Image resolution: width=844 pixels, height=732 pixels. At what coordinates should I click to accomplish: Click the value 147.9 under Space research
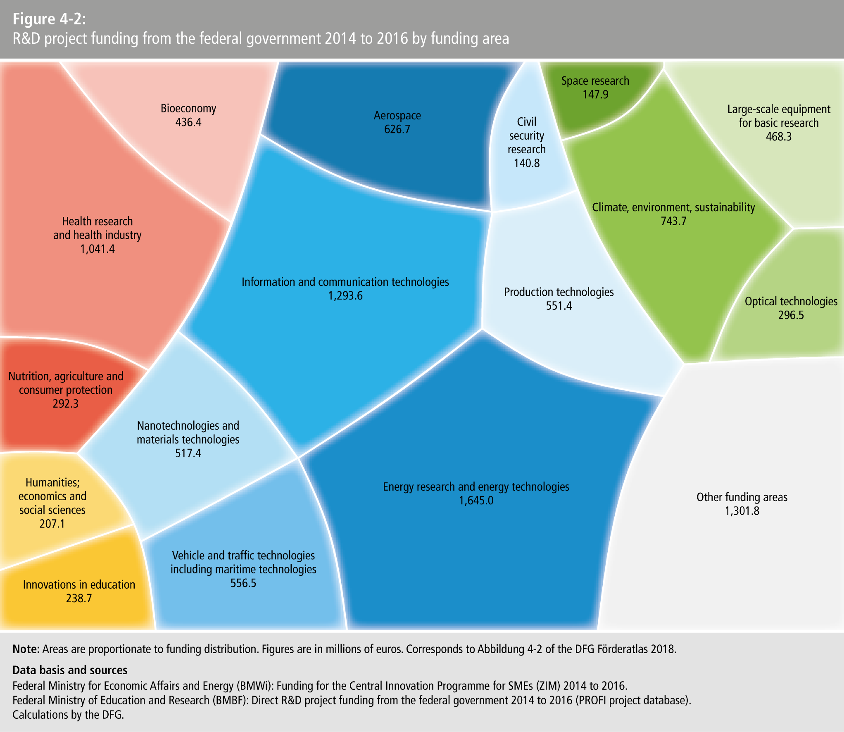click(x=595, y=95)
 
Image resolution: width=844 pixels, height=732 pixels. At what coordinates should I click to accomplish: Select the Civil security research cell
click(x=527, y=143)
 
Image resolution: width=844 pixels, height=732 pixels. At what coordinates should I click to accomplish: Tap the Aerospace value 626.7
click(x=397, y=129)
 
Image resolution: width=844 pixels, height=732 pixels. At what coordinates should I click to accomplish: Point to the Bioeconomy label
click(x=188, y=109)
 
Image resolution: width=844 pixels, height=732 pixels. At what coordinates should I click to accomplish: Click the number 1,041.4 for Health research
click(x=97, y=249)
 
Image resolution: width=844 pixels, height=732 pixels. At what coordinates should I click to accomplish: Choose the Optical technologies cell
click(x=791, y=308)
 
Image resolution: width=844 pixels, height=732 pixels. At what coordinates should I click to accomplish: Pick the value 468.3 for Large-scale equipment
click(x=779, y=137)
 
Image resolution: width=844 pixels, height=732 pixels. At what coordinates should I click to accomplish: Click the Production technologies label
click(x=559, y=292)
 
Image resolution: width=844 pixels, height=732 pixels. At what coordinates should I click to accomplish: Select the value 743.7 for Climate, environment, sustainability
click(x=673, y=221)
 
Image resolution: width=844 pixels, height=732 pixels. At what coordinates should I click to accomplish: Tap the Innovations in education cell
click(x=79, y=591)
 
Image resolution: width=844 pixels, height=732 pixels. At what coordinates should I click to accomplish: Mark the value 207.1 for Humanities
click(x=52, y=524)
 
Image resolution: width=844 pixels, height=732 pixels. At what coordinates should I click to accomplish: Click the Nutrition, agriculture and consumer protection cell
click(x=66, y=390)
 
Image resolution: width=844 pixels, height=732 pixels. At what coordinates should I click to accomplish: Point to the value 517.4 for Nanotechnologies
click(x=188, y=453)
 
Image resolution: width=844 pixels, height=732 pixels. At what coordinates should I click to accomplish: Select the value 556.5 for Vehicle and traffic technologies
click(x=243, y=583)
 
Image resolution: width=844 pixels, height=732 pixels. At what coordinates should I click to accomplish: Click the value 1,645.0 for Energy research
click(x=476, y=501)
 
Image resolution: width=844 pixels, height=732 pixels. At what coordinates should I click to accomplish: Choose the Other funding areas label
click(x=742, y=497)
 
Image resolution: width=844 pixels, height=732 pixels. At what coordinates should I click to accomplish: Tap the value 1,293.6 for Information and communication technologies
click(x=345, y=296)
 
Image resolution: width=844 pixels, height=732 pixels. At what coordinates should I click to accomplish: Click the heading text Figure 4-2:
click(x=49, y=19)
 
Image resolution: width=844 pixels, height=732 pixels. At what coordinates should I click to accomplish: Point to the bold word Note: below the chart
click(x=26, y=649)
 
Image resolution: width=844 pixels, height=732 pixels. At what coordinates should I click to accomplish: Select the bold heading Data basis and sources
click(x=70, y=670)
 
